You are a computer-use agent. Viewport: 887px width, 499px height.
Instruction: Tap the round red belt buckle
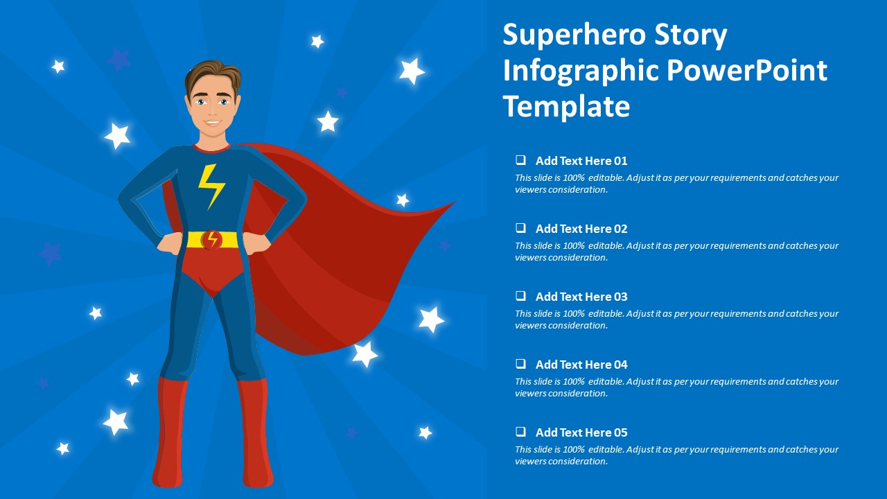coord(211,240)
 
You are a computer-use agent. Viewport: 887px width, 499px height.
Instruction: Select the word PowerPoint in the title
coord(747,71)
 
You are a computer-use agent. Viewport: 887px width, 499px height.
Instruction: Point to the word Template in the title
coord(566,106)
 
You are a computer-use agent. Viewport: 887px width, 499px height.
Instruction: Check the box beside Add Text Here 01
coord(520,160)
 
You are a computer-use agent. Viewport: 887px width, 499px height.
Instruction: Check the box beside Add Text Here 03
coord(520,296)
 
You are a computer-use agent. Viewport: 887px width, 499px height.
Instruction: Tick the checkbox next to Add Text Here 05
coord(520,432)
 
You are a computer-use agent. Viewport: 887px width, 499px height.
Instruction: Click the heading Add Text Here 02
coord(581,229)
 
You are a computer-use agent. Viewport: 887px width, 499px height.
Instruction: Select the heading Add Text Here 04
coord(581,365)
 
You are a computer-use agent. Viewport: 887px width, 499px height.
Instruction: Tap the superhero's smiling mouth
coord(213,122)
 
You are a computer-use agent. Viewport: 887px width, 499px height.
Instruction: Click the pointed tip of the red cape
coord(454,203)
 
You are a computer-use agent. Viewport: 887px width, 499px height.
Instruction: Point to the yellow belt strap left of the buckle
coord(195,240)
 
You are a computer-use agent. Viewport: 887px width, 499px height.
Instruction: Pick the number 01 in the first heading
coord(620,161)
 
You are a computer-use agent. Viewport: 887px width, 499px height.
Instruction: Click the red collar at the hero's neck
coord(212,149)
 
